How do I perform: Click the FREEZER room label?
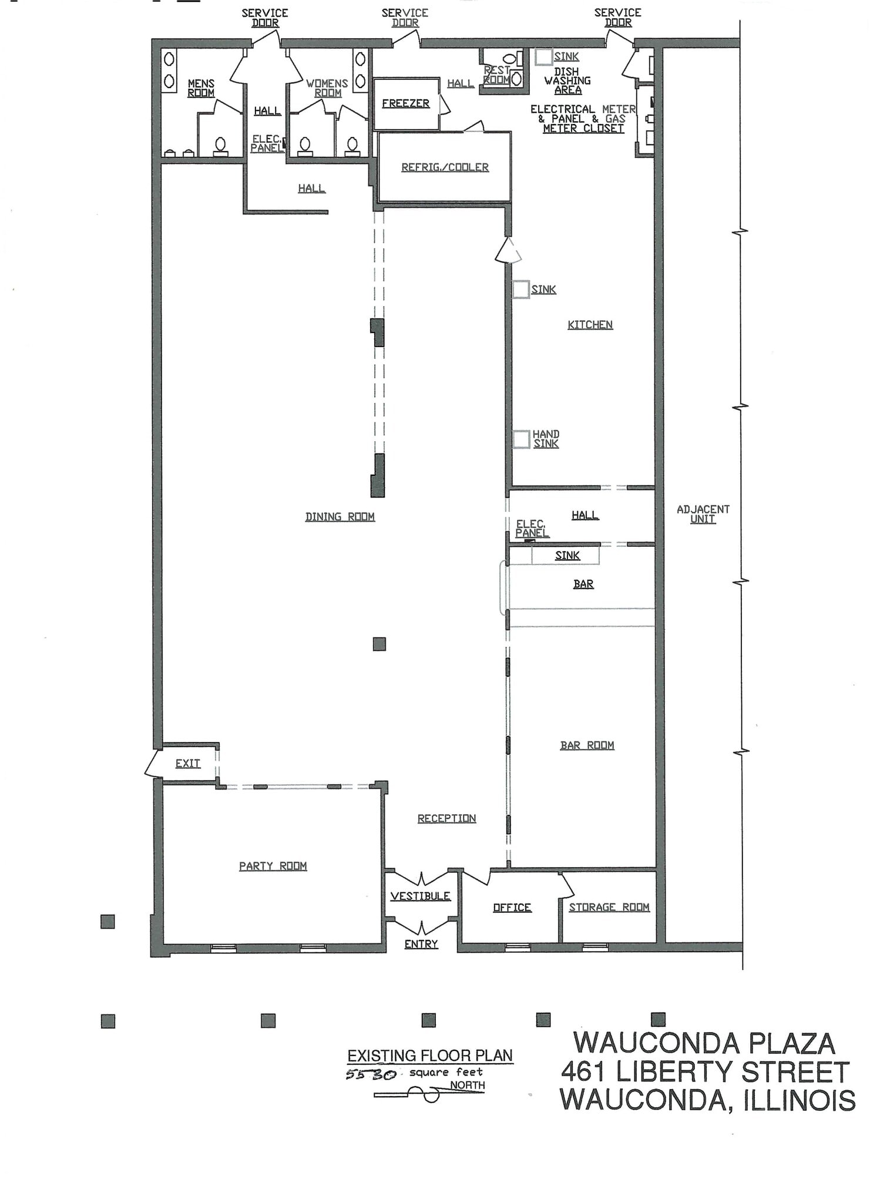405,103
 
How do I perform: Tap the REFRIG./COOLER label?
445,167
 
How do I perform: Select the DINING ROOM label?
340,517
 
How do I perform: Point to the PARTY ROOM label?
273,866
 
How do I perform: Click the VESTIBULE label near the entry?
420,896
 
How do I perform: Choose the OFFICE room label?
512,908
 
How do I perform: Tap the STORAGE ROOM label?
609,907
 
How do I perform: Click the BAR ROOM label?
587,745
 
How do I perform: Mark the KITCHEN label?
590,325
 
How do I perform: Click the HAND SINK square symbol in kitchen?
521,439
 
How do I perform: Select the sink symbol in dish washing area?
543,57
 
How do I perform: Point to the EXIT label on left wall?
187,764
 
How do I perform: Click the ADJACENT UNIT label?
703,514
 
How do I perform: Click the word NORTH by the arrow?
468,1086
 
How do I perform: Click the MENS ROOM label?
201,88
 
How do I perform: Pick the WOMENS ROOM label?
327,88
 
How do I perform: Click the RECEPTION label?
446,818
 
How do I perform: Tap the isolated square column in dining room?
379,644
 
